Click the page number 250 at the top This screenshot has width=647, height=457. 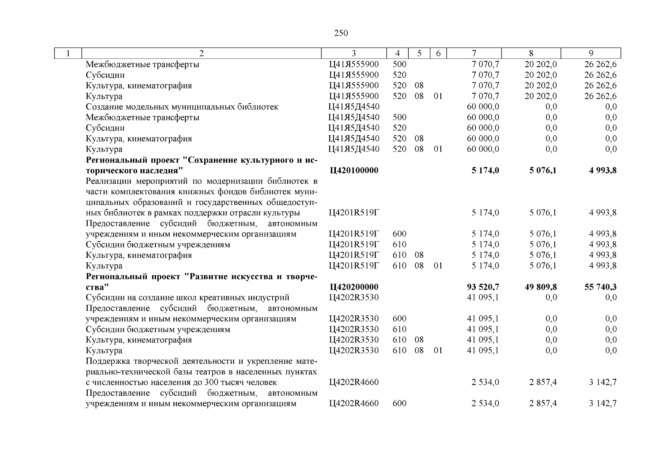click(341, 33)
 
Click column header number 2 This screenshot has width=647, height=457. click(201, 53)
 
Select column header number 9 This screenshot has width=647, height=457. click(591, 53)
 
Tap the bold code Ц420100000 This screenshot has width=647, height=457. click(354, 170)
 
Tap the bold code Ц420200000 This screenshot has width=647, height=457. click(354, 287)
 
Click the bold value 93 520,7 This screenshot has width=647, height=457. click(483, 287)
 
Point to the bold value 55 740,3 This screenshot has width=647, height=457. click(600, 287)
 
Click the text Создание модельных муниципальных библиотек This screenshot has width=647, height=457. click(182, 107)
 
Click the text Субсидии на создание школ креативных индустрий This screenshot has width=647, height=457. click(187, 297)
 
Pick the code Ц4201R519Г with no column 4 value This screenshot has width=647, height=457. click(354, 213)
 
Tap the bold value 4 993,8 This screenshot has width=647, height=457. click(602, 170)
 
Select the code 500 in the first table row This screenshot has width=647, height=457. click(399, 64)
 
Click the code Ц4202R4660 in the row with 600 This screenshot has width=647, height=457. click(354, 403)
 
